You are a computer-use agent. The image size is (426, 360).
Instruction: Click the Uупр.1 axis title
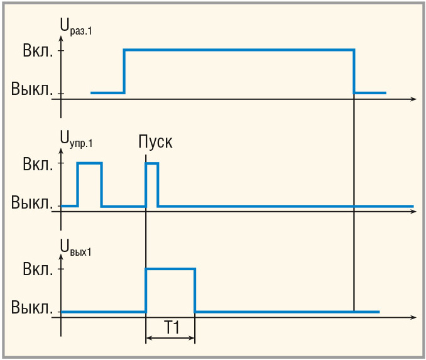[77, 139]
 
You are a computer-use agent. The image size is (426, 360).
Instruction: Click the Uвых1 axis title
[76, 247]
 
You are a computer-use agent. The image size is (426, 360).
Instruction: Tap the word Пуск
[155, 141]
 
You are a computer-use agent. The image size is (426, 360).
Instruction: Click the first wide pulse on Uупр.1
[89, 163]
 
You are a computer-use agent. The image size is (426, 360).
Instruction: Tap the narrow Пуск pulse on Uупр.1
[151, 164]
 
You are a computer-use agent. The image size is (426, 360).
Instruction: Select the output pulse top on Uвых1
[170, 269]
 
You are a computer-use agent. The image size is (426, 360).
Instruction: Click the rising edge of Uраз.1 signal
[124, 70]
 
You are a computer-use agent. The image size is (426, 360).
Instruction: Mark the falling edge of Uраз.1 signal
[354, 70]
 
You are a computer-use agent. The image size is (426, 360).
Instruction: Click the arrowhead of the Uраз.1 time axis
[412, 99]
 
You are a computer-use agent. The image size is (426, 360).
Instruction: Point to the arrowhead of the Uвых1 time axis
[412, 318]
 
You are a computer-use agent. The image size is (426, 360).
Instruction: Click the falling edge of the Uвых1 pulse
[195, 290]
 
